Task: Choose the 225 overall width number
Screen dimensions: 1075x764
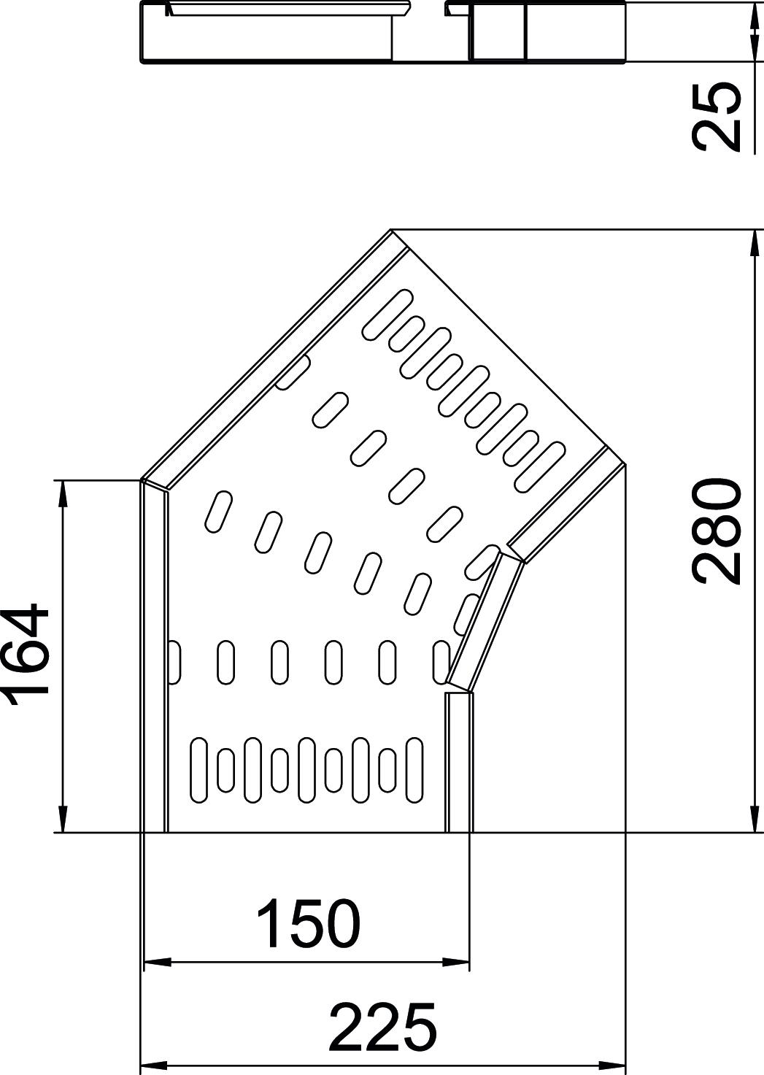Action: click(x=382, y=1027)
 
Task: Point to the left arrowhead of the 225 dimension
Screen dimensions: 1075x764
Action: click(x=152, y=1063)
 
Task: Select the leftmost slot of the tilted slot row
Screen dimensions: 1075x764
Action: click(x=218, y=512)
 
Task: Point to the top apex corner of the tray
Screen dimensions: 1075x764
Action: click(x=392, y=231)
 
